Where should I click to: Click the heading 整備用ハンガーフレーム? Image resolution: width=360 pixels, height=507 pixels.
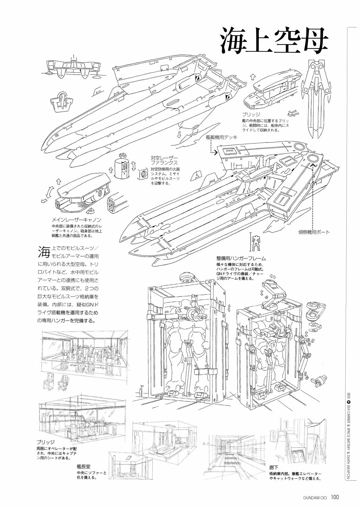241,258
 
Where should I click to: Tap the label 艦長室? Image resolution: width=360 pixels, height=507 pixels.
84,466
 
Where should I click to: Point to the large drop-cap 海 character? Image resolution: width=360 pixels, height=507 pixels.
44,251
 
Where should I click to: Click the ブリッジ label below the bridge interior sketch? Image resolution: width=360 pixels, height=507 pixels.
45,442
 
